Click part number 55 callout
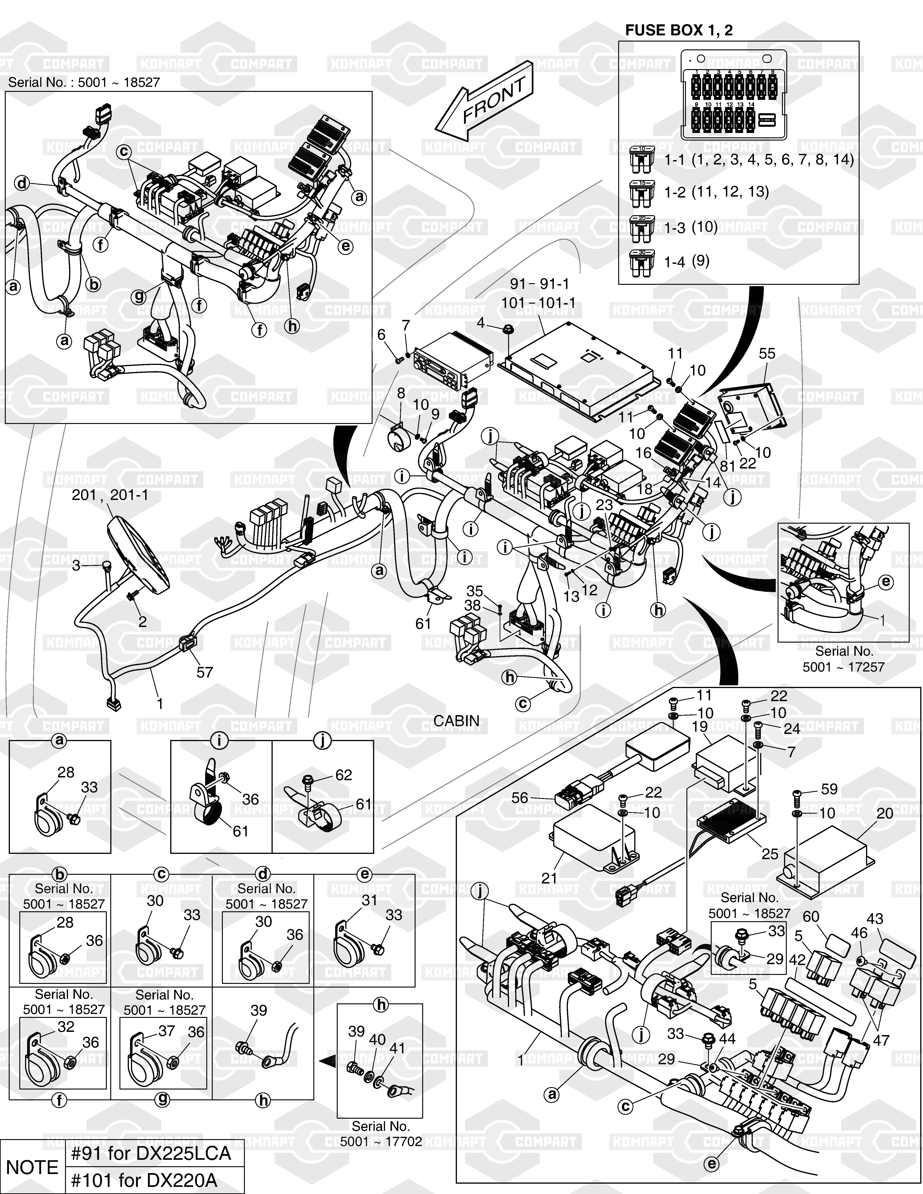click(x=767, y=354)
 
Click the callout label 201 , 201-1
click(x=110, y=495)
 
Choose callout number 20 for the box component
click(x=885, y=813)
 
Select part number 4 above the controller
click(x=481, y=323)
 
